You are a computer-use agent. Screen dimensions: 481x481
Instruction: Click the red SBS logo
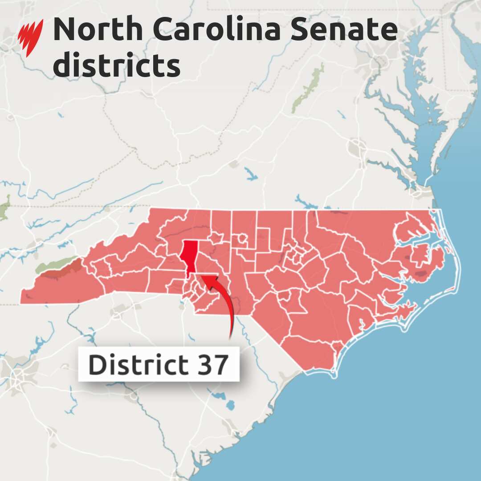point(30,38)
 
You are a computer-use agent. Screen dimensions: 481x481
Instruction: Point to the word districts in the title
point(117,65)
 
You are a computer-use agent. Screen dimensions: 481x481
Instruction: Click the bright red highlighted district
point(190,254)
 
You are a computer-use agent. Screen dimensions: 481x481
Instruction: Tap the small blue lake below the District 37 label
point(230,405)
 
